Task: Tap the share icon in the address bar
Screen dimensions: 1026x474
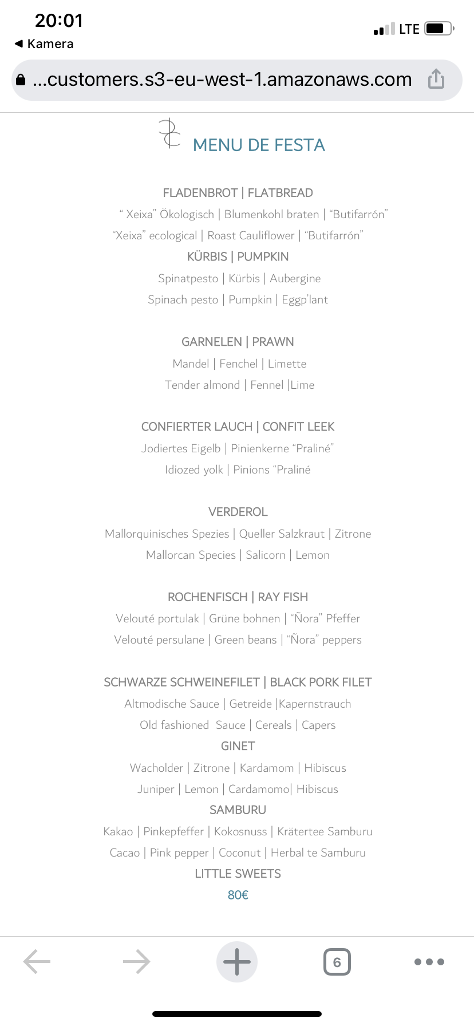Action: (x=436, y=79)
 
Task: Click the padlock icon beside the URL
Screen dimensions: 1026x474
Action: (x=21, y=80)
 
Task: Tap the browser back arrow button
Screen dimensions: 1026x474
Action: (x=37, y=961)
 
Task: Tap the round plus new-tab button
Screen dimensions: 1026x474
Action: (x=237, y=961)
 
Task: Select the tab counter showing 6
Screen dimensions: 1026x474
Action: (x=337, y=962)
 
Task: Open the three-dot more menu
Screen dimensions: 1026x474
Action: (x=429, y=962)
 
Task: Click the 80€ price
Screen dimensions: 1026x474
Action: (x=238, y=895)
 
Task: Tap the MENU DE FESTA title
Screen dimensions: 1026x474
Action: (x=259, y=145)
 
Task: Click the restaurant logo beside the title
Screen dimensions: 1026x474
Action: (x=169, y=133)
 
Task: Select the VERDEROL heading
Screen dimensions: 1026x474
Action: (x=238, y=512)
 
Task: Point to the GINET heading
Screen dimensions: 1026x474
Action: (x=238, y=746)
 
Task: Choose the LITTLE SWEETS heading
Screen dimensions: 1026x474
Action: (x=238, y=874)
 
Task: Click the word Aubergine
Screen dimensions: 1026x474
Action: (x=295, y=278)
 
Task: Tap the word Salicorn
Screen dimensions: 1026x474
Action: (x=266, y=555)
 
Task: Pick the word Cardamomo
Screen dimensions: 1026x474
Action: (x=259, y=789)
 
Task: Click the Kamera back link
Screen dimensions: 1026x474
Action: (x=45, y=44)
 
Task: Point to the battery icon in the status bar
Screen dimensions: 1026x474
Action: (x=439, y=29)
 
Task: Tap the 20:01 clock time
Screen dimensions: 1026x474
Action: (x=59, y=21)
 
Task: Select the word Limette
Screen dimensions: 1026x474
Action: (x=287, y=364)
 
